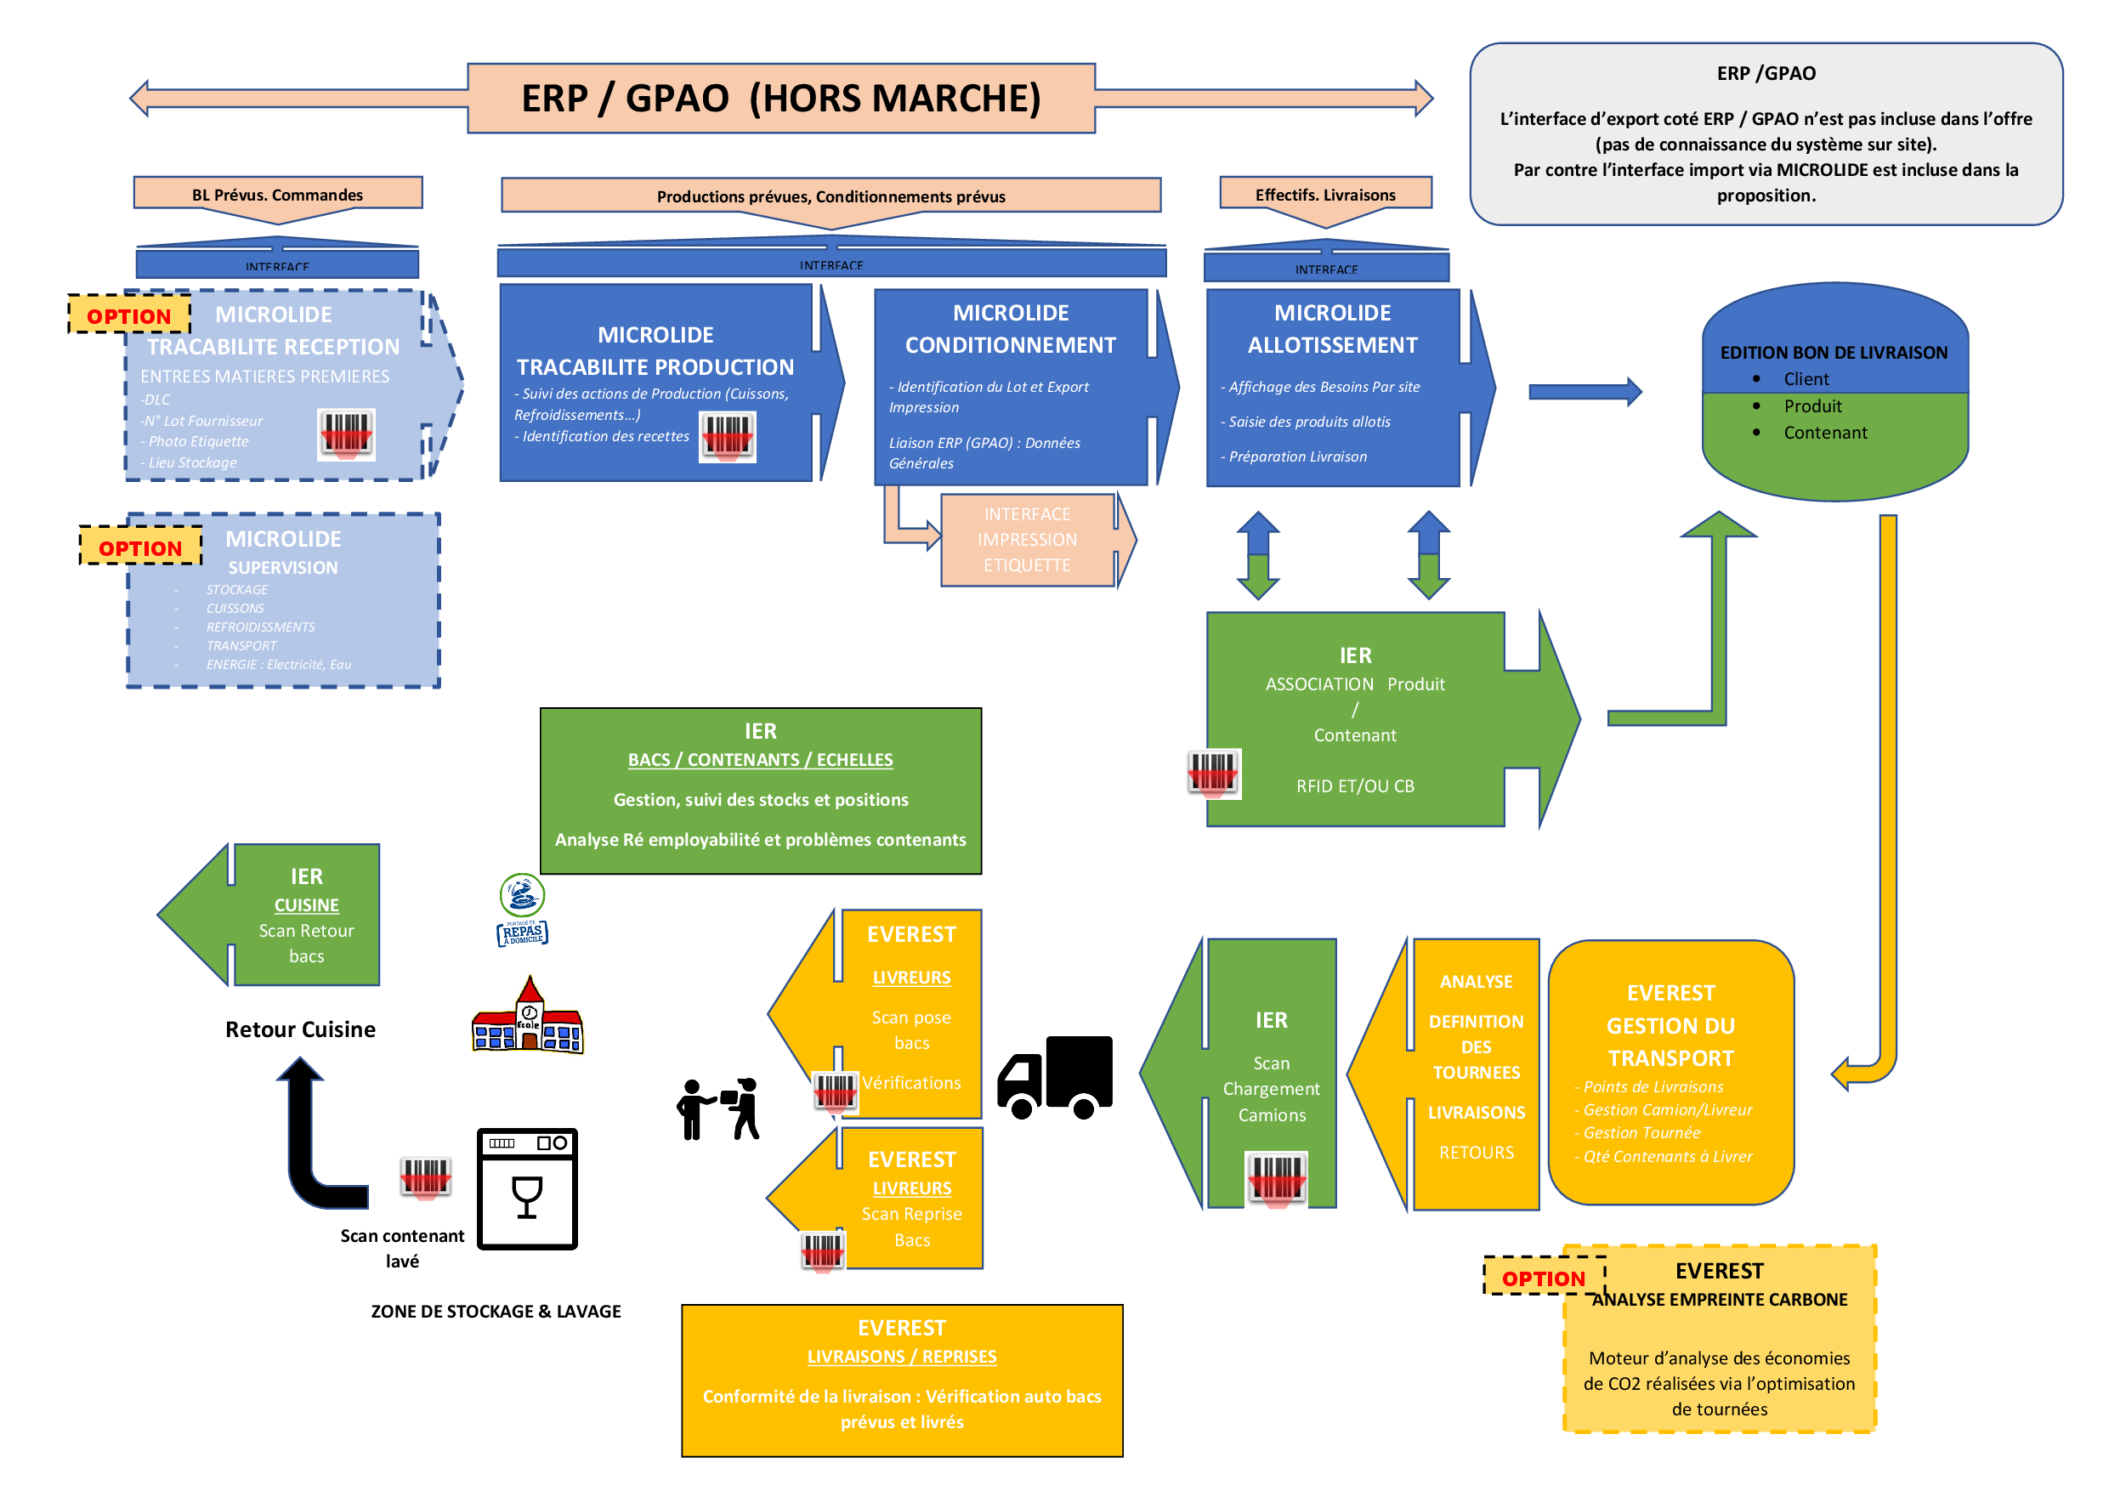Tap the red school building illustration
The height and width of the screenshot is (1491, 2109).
[x=527, y=1017]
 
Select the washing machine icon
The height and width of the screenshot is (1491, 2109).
[x=527, y=1188]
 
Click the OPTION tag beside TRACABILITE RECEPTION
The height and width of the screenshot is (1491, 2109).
[x=128, y=315]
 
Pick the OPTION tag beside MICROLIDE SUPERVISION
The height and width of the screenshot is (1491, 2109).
[x=140, y=547]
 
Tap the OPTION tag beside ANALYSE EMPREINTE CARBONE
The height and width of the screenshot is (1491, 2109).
[x=1543, y=1277]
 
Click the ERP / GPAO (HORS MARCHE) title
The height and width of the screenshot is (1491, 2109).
[x=780, y=99]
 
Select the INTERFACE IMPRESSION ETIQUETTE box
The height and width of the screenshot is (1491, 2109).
[x=1027, y=540]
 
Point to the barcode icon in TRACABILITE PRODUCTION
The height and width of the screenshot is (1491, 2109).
[x=727, y=435]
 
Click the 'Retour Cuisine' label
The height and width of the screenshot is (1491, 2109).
[x=300, y=1029]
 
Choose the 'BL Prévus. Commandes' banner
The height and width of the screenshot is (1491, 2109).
[x=277, y=195]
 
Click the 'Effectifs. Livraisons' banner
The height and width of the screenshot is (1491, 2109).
[x=1324, y=195]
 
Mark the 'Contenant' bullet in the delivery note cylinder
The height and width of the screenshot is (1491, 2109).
[x=1824, y=433]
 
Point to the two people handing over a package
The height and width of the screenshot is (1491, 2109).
[x=719, y=1108]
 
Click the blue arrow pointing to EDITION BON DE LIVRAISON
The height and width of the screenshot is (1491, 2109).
[x=1584, y=392]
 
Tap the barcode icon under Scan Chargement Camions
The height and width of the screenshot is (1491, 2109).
[x=1276, y=1176]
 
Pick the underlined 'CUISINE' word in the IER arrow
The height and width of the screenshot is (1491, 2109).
[x=306, y=905]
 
